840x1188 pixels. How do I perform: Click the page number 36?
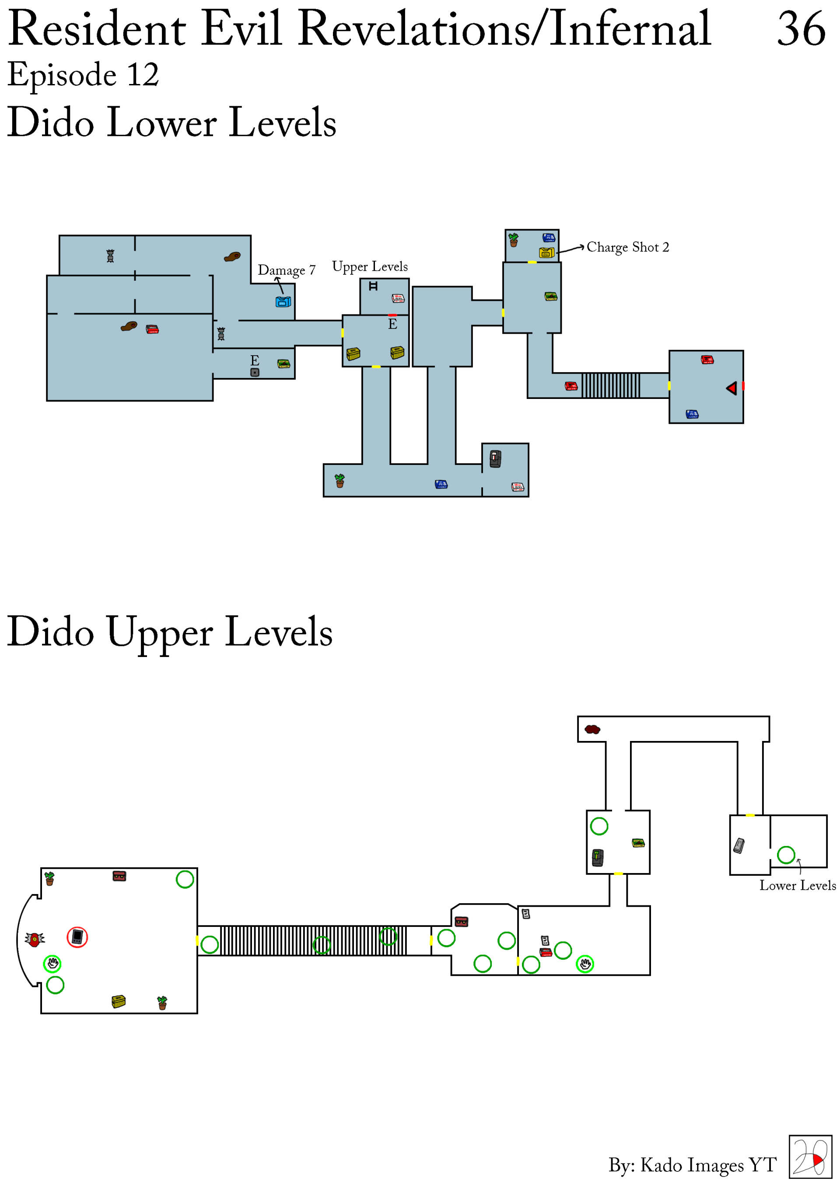point(801,29)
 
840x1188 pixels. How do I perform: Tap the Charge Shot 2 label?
point(627,247)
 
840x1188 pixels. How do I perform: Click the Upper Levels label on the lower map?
point(370,266)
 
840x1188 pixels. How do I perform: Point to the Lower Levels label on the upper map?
point(797,885)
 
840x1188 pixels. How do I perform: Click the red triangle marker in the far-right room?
point(731,388)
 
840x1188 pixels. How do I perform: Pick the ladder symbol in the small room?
point(373,286)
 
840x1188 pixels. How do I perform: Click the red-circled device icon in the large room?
point(77,937)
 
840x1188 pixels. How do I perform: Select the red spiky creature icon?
point(35,939)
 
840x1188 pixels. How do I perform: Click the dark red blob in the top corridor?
point(592,730)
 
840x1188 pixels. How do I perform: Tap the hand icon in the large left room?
point(52,964)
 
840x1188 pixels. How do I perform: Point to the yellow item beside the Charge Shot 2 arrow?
point(546,252)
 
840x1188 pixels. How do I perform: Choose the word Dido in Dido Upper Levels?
point(51,631)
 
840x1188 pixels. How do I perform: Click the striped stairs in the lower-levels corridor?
point(611,385)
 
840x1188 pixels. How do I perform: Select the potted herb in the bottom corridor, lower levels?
point(339,481)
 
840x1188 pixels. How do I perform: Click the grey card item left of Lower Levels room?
point(739,846)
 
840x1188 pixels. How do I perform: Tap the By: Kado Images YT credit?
point(693,1165)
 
